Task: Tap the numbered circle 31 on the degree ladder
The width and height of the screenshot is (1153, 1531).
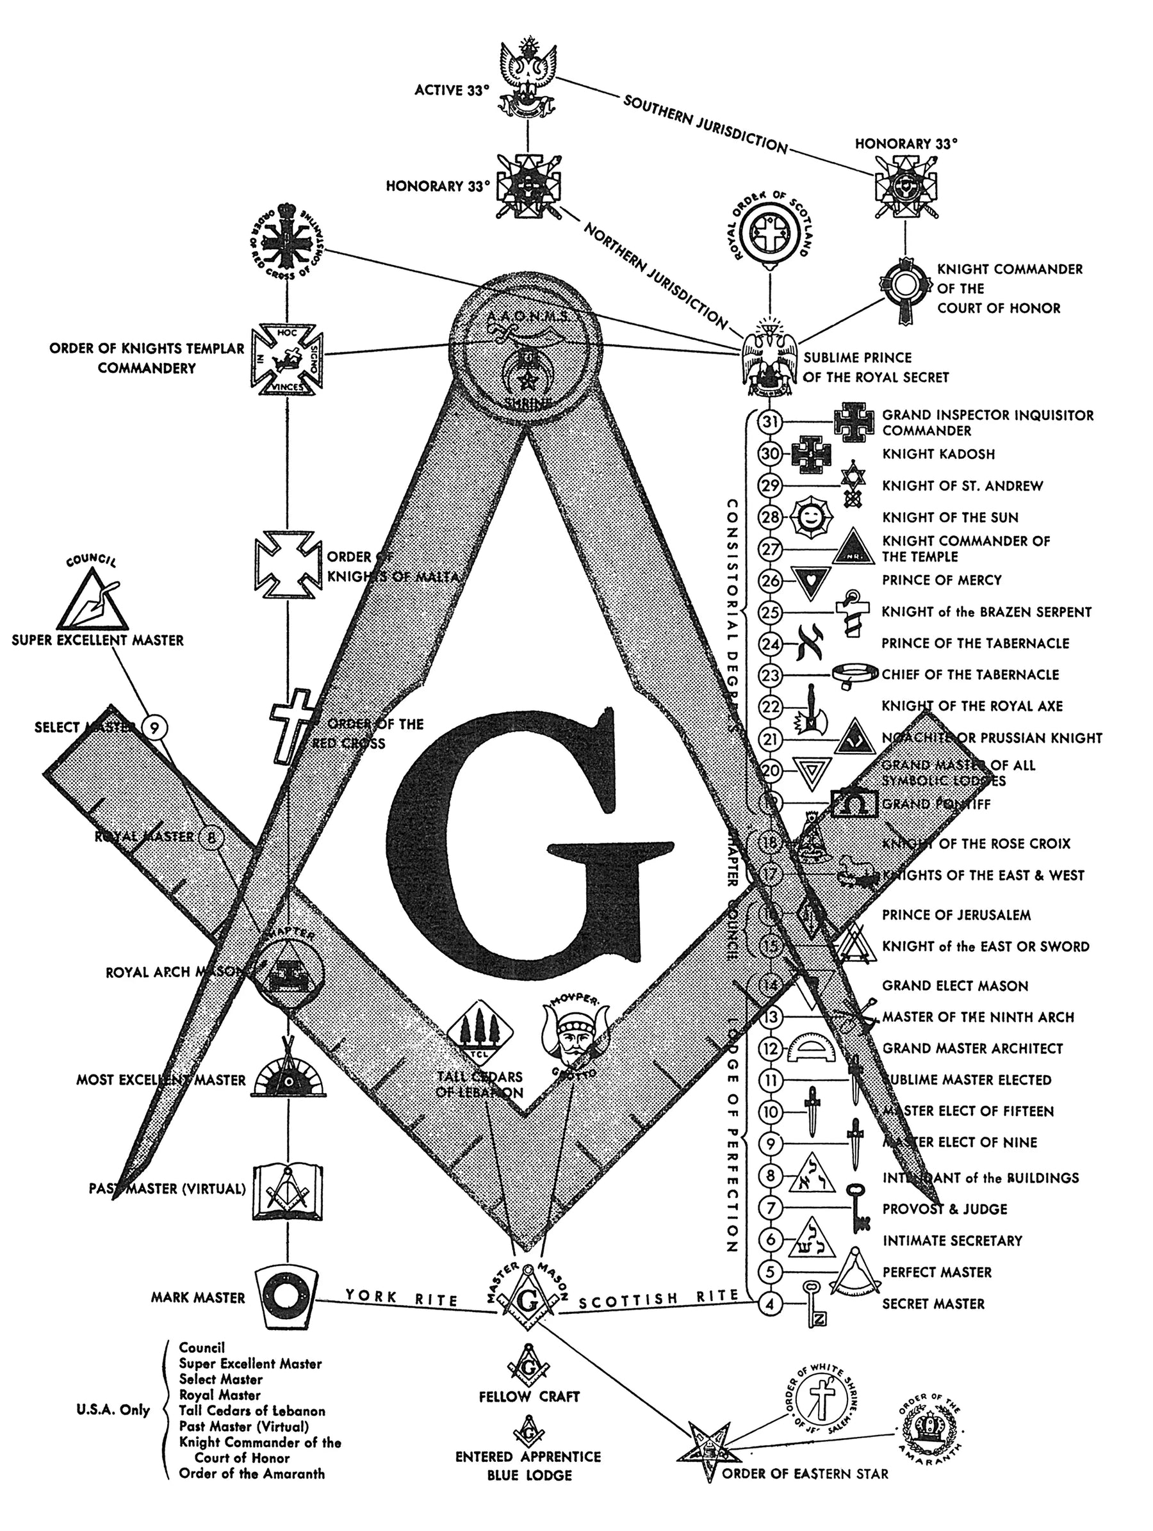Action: click(770, 421)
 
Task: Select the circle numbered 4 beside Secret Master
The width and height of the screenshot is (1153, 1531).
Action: click(770, 1305)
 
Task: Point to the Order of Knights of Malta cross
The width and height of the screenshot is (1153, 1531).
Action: click(287, 564)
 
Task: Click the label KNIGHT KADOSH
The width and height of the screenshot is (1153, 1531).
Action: click(938, 454)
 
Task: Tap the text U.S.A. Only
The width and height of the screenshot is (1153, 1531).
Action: click(113, 1411)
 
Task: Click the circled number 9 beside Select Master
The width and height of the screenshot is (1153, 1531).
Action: click(156, 727)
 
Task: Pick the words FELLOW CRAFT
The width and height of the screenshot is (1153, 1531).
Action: click(528, 1397)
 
